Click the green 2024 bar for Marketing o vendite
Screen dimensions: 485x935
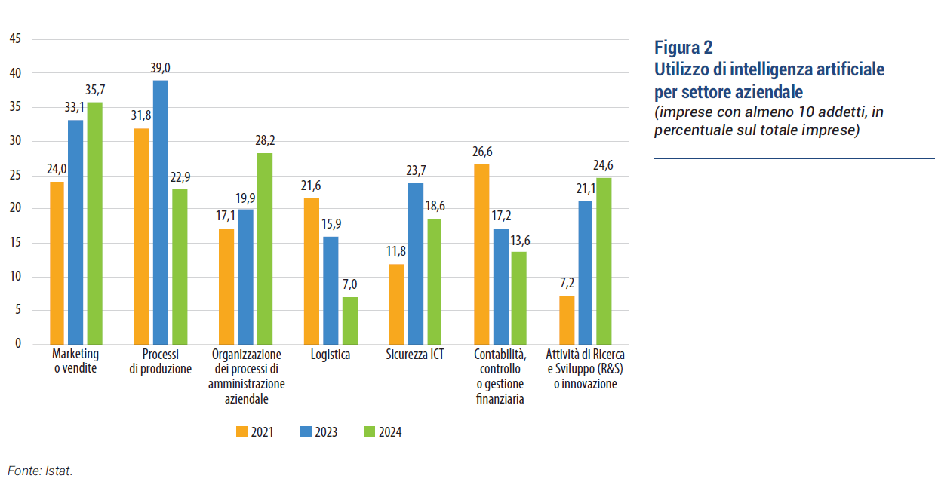94,223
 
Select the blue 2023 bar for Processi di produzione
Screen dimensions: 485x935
160,212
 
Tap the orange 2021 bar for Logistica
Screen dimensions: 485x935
311,271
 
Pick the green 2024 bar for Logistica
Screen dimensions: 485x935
349,321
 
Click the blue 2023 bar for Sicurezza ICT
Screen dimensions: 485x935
414,263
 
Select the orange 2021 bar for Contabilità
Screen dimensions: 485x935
481,253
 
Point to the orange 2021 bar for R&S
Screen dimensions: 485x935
566,320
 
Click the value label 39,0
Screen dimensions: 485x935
160,69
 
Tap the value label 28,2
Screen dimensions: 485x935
264,142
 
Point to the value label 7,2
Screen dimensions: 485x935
566,284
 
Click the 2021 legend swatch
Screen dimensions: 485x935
242,432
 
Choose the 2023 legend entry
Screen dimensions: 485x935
318,432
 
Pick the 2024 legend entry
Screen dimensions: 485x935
382,432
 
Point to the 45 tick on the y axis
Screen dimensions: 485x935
14,39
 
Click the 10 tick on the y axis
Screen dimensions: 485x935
14,277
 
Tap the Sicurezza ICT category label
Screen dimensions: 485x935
414,355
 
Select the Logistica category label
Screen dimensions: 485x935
330,355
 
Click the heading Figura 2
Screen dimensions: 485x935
683,48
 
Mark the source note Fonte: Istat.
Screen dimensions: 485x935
40,471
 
